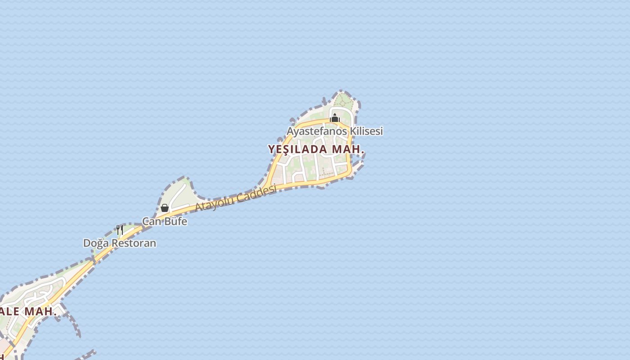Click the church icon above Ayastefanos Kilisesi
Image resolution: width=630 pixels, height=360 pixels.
[x=334, y=118]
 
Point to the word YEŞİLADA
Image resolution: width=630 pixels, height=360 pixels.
[x=297, y=149]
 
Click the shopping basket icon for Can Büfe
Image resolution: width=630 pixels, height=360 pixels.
[x=165, y=208]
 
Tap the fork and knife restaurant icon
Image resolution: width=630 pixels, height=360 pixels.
[x=120, y=230]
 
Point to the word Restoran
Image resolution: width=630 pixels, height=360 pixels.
[x=134, y=243]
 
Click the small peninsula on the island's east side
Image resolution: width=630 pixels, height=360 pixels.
[x=358, y=166]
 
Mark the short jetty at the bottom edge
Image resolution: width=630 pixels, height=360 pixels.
[x=88, y=354]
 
